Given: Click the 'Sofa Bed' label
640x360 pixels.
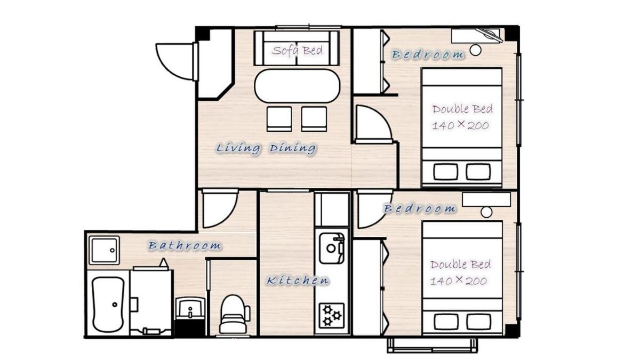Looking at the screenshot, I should (x=297, y=51).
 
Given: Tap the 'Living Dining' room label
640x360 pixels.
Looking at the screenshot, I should (x=266, y=148).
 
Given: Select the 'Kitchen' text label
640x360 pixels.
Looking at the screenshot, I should (x=298, y=280).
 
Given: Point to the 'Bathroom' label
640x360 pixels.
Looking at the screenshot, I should (x=185, y=245).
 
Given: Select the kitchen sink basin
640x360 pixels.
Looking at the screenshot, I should (x=332, y=248).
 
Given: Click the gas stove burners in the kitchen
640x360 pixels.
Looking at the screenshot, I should (x=331, y=315).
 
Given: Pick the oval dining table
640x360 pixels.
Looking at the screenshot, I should (x=297, y=86).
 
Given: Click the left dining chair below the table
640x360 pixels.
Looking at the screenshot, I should (x=279, y=118).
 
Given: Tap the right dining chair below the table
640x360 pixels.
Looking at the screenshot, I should (x=314, y=118).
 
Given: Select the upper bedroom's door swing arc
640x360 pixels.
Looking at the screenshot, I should (x=372, y=124).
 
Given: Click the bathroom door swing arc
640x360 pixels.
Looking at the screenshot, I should (x=219, y=209).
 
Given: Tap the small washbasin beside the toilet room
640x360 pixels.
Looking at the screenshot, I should (x=190, y=308).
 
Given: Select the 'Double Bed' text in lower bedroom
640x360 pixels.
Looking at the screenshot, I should (x=461, y=265).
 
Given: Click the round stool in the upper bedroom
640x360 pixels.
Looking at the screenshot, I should (x=475, y=50).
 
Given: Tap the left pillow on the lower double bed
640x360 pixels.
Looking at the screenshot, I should (x=445, y=322).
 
